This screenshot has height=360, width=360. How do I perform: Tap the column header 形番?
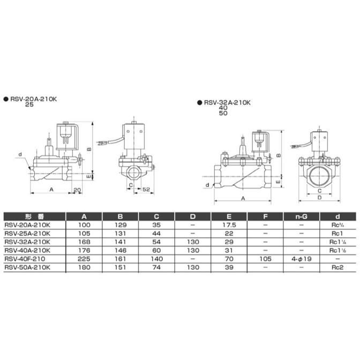(x=32, y=216)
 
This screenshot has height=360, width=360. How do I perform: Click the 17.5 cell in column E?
(x=229, y=226)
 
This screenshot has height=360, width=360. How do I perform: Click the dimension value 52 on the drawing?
(x=146, y=189)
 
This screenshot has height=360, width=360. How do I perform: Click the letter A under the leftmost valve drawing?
(x=51, y=190)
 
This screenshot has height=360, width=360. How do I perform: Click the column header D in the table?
(x=193, y=216)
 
